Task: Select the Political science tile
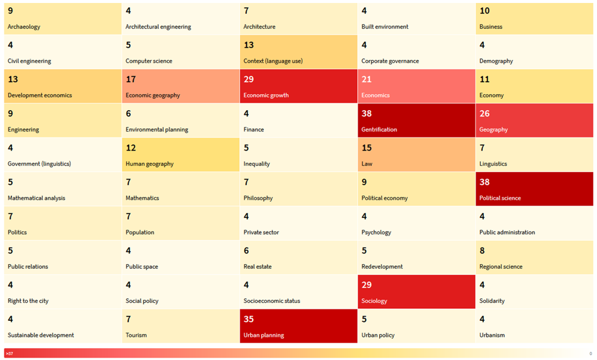pyautogui.click(x=535, y=189)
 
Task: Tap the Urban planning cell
pyautogui.click(x=298, y=326)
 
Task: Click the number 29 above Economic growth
pyautogui.click(x=249, y=79)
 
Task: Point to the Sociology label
pyautogui.click(x=374, y=301)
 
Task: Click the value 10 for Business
pyautogui.click(x=485, y=11)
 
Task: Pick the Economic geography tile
pyautogui.click(x=180, y=86)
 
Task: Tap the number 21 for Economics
pyautogui.click(x=367, y=79)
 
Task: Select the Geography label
pyautogui.click(x=493, y=130)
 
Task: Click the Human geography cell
pyautogui.click(x=180, y=155)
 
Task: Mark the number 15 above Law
pyautogui.click(x=367, y=148)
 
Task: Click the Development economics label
pyautogui.click(x=40, y=95)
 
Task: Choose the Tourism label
pyautogui.click(x=136, y=336)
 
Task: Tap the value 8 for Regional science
pyautogui.click(x=482, y=251)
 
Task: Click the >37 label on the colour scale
pyautogui.click(x=10, y=353)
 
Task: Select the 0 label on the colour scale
pyautogui.click(x=590, y=353)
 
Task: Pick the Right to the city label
pyautogui.click(x=28, y=301)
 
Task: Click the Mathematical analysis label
pyautogui.click(x=36, y=198)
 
